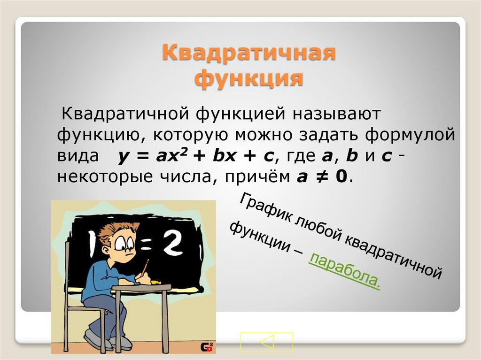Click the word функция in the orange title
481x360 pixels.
point(249,78)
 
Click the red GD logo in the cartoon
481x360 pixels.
point(208,347)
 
